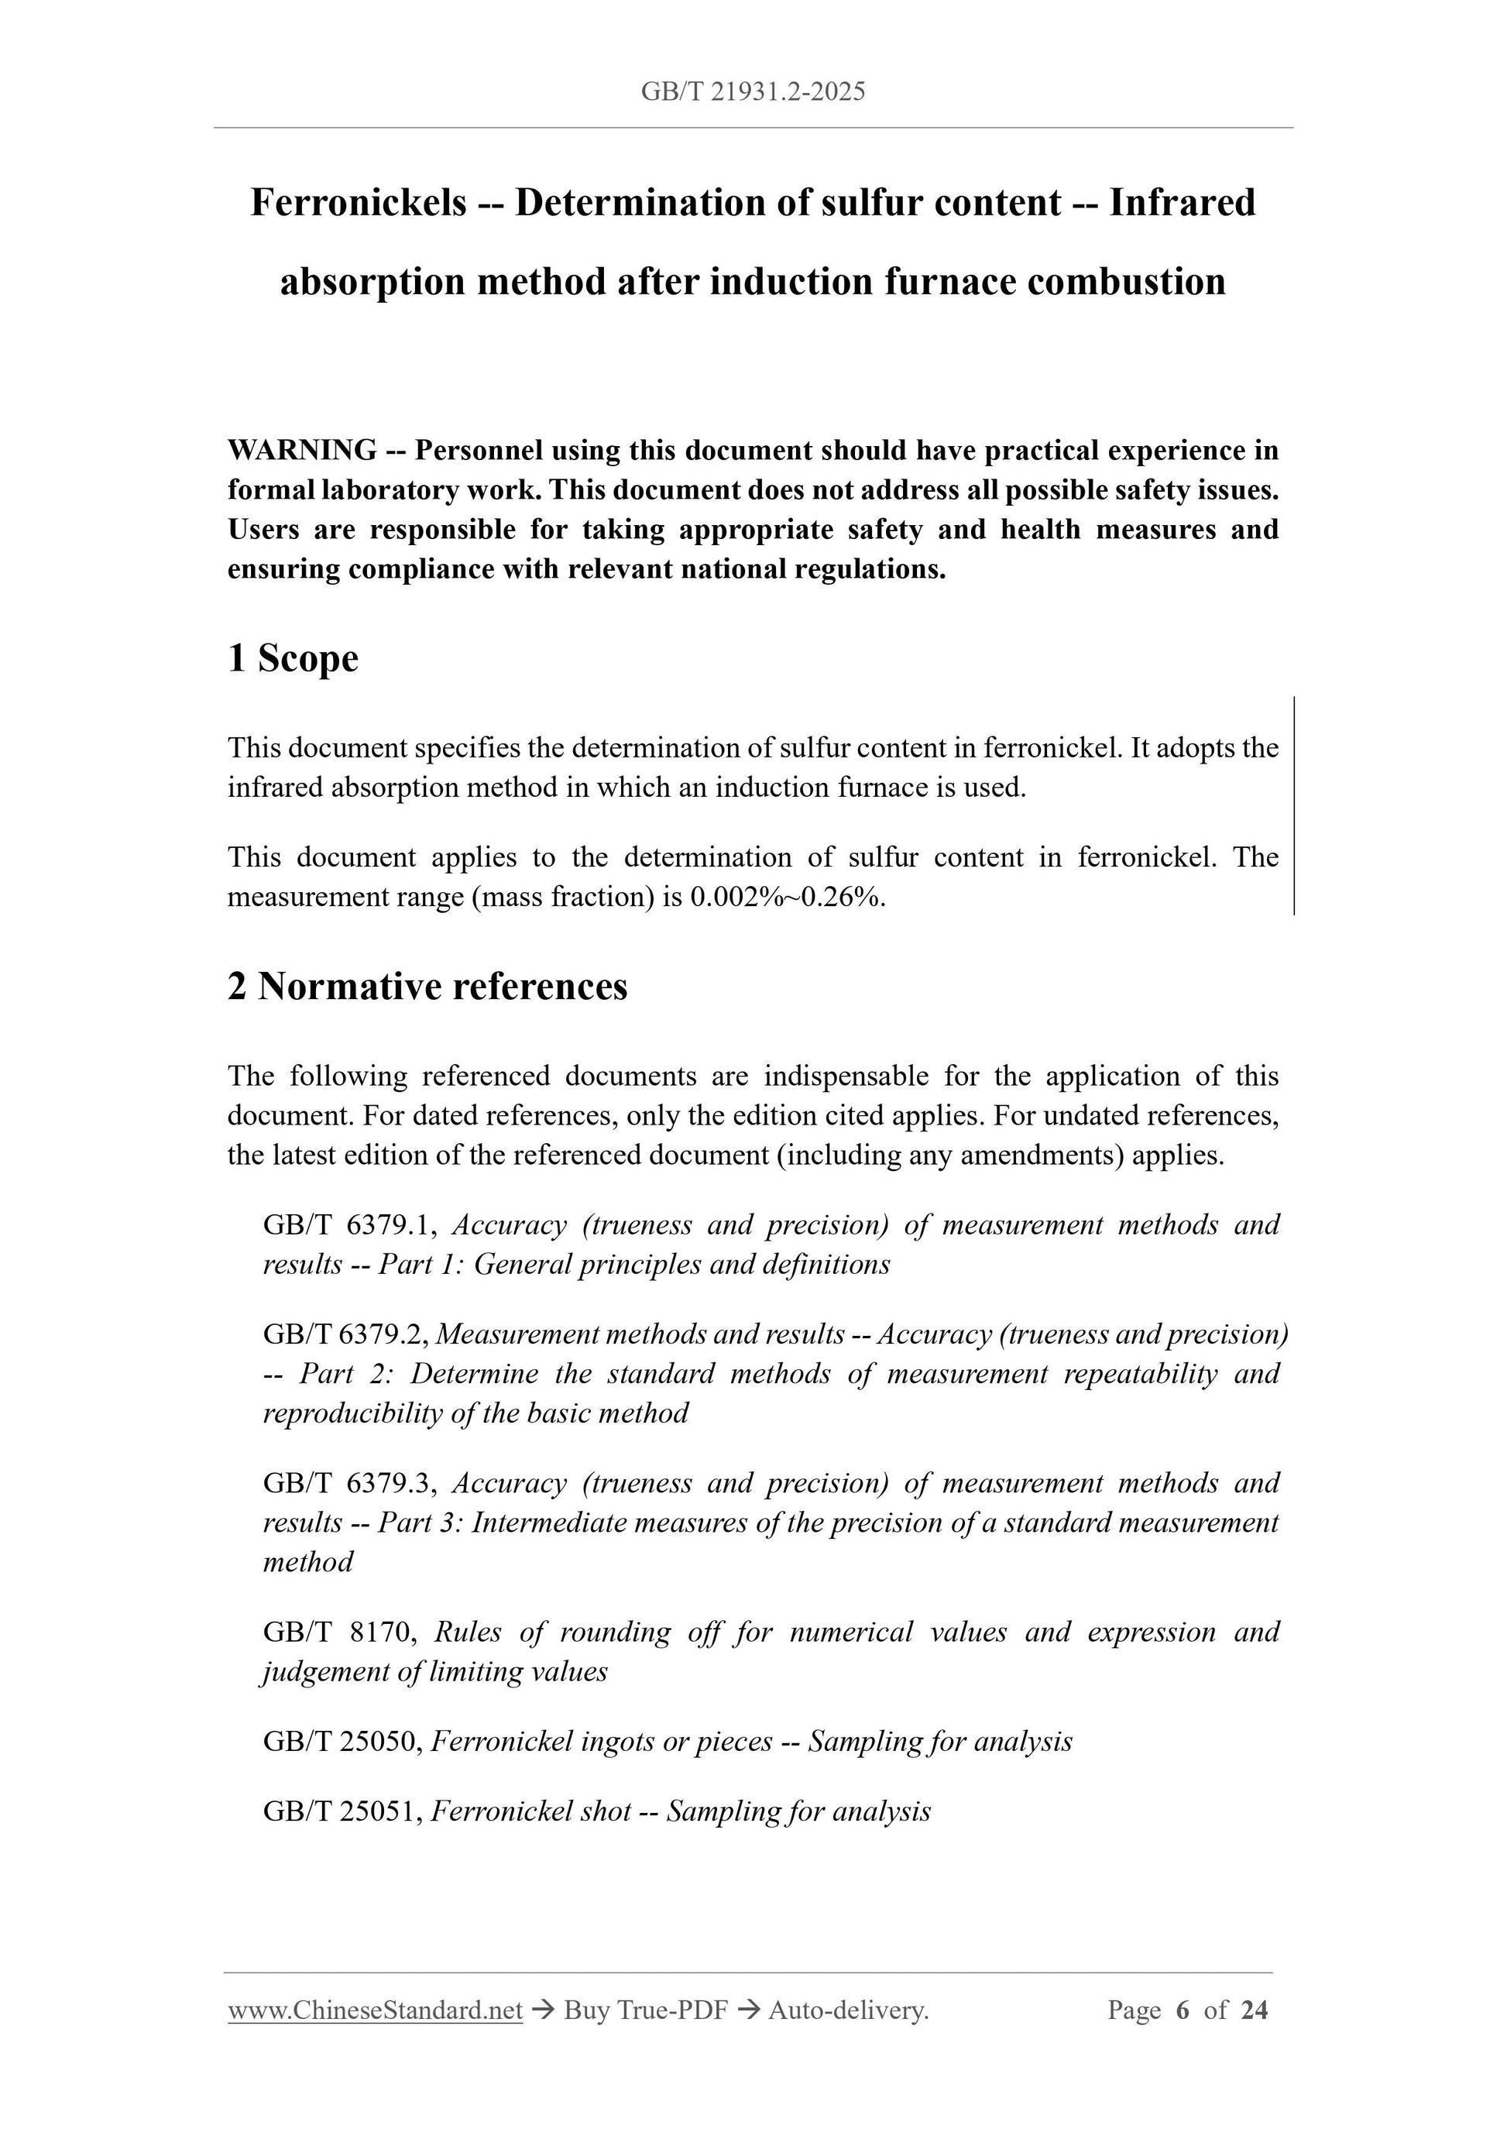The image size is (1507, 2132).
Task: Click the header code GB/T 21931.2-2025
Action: [753, 91]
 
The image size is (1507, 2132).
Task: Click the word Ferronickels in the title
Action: [359, 202]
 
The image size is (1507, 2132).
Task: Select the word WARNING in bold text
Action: [302, 451]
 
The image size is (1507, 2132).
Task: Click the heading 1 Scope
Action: [293, 658]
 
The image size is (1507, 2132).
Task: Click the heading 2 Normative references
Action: [427, 986]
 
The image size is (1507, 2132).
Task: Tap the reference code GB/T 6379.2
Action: [345, 1334]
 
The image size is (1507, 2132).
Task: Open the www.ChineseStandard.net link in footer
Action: [375, 2010]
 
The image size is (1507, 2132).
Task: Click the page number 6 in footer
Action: [1182, 2010]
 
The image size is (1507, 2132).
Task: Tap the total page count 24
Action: [1255, 2010]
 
